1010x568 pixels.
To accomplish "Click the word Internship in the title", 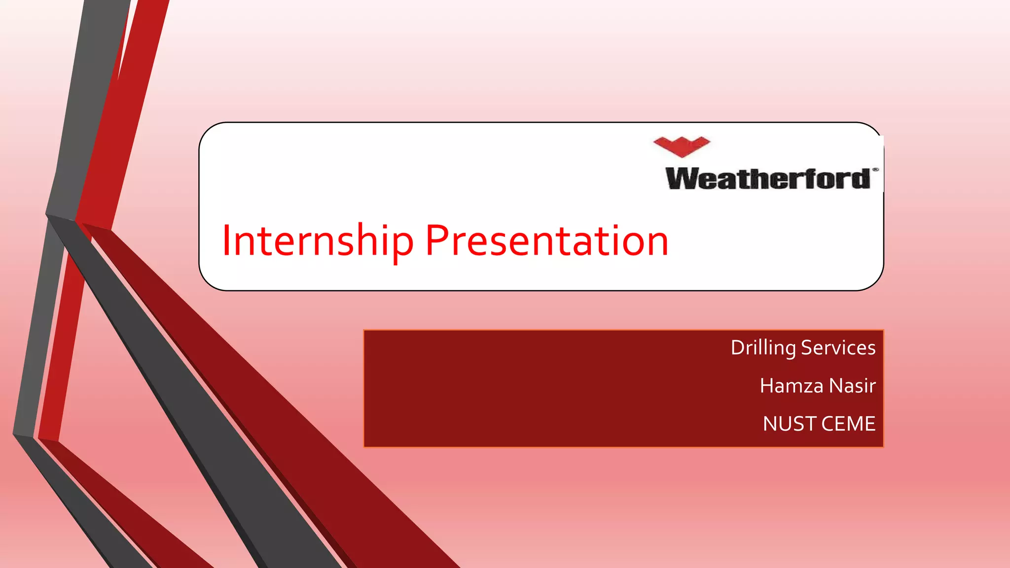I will [x=317, y=241].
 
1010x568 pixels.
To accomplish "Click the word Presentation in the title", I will [x=546, y=241].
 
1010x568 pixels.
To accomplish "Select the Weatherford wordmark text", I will [x=767, y=178].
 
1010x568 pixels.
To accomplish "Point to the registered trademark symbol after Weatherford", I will [x=875, y=170].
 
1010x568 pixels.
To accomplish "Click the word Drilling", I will [x=763, y=348].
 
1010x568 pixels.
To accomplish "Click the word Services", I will [x=838, y=348].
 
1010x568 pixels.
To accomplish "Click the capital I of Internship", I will [x=226, y=241].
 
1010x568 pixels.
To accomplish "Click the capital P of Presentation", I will [x=436, y=241].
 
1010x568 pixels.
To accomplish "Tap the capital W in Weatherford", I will [x=683, y=178].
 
